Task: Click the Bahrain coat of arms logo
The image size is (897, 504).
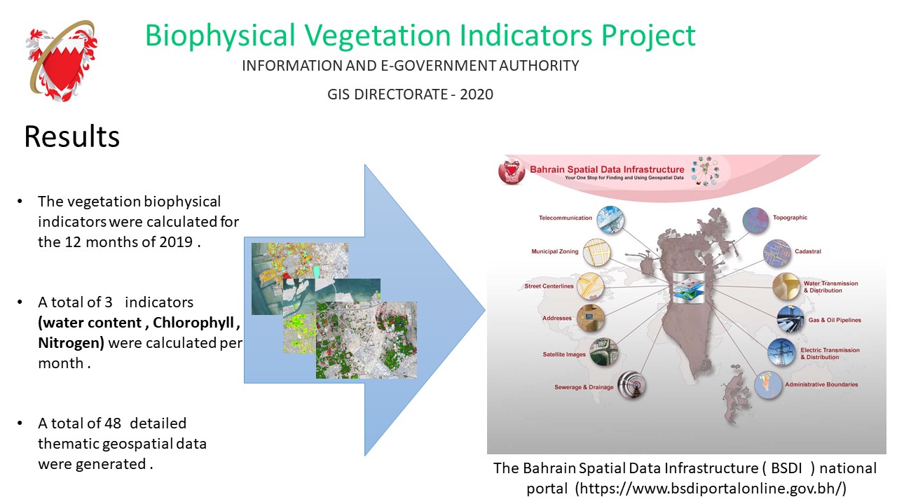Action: tap(62, 61)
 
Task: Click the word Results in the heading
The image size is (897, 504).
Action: tap(72, 136)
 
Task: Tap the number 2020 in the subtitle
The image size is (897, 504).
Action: tap(476, 94)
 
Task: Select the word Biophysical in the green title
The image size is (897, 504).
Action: tap(220, 36)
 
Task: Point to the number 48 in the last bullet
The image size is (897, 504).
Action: tap(113, 423)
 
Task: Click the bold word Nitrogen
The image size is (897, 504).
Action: tap(71, 343)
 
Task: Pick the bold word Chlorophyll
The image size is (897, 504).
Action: tap(193, 323)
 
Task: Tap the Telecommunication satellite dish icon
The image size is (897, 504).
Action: tap(610, 219)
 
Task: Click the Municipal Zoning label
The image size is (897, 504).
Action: tap(554, 251)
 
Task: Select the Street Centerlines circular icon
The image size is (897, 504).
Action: tap(590, 286)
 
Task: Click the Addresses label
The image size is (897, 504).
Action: tap(557, 318)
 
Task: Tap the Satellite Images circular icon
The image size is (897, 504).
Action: tap(603, 352)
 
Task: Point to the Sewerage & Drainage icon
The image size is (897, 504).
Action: tap(632, 385)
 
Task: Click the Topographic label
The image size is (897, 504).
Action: tap(790, 218)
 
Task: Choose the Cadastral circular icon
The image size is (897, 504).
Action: tap(777, 253)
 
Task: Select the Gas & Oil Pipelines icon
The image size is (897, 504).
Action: tap(790, 320)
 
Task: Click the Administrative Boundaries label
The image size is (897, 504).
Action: tap(821, 384)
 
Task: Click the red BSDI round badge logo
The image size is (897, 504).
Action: tap(512, 172)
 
